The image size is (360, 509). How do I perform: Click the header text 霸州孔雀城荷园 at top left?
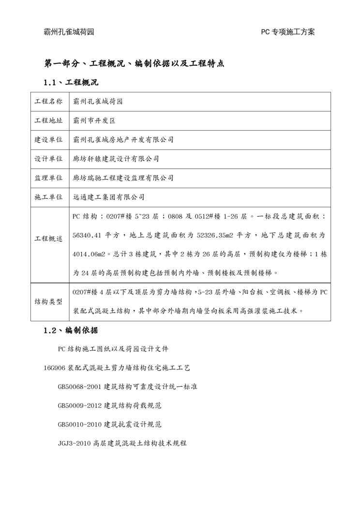[x=69, y=32]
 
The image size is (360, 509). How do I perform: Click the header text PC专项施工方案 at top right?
[x=288, y=32]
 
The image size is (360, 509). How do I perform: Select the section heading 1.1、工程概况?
[x=71, y=82]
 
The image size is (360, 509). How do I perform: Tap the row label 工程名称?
[x=48, y=102]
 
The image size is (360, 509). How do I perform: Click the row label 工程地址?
[x=48, y=120]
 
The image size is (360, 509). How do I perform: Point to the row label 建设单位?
[x=48, y=139]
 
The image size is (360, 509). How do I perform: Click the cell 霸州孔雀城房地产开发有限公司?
[x=123, y=139]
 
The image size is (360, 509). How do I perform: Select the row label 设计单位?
[x=48, y=159]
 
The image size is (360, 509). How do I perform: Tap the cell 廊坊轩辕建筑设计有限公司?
[x=116, y=159]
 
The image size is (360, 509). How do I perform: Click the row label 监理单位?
[x=48, y=178]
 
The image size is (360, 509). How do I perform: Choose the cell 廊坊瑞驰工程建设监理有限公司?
[x=123, y=178]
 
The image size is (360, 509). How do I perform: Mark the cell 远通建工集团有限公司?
[x=108, y=197]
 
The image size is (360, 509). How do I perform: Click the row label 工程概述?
[x=48, y=239]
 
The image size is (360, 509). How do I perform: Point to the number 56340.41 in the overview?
[x=87, y=235]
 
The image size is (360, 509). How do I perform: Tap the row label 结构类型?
[x=48, y=301]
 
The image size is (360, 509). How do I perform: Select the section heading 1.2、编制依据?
[x=71, y=331]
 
